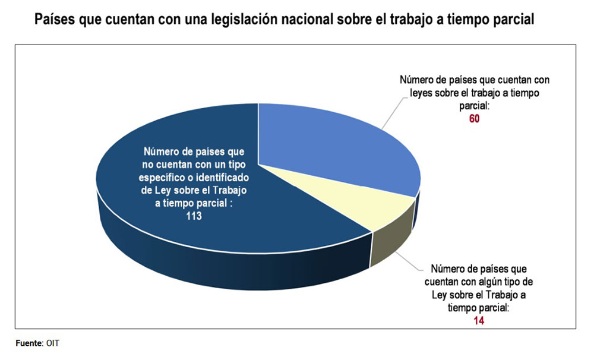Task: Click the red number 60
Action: (x=473, y=118)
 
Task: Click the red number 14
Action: (x=475, y=320)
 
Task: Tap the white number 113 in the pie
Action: (x=193, y=217)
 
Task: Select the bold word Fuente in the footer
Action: (x=28, y=343)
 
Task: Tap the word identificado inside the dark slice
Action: (x=222, y=178)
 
